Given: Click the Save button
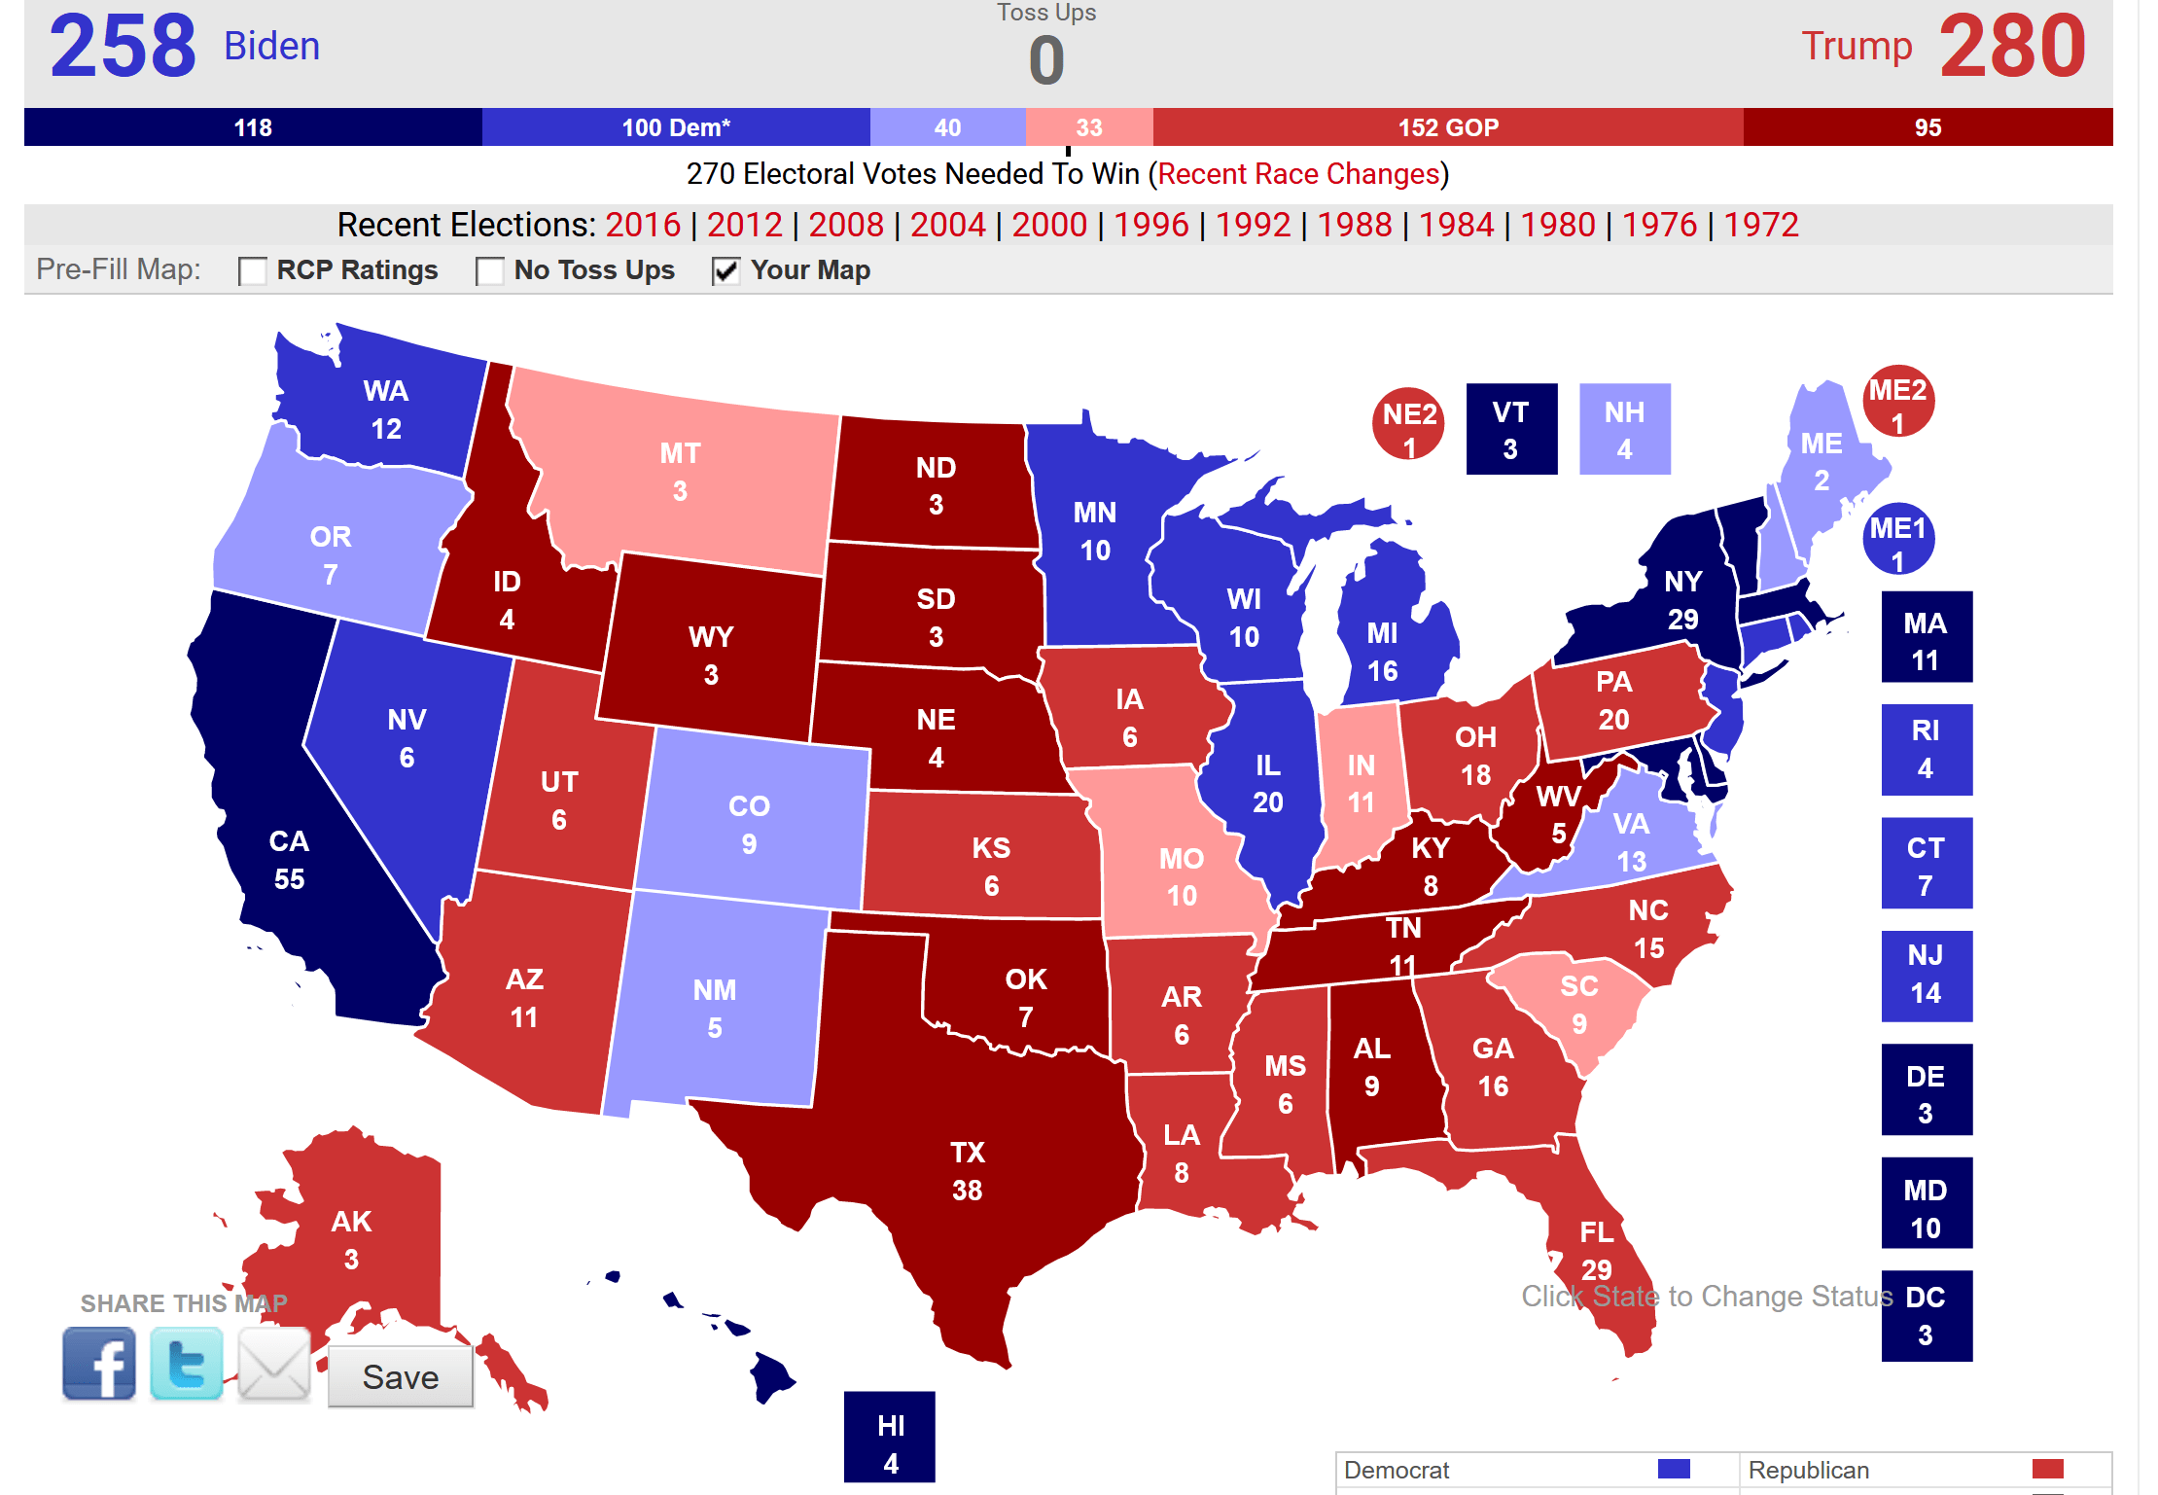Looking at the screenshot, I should pos(400,1376).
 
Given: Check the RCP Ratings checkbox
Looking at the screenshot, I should pos(253,270).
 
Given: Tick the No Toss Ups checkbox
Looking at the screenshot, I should pos(489,270).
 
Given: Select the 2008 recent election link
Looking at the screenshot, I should pos(845,225).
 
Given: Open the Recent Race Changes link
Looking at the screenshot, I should pos(1297,174).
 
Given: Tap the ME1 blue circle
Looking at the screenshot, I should pos(1897,540).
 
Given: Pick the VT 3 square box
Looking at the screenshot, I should pos(1510,429).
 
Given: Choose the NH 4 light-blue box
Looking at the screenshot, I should pos(1624,429).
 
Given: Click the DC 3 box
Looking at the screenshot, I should pos(1926,1315).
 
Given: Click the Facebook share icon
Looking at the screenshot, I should pos(99,1364).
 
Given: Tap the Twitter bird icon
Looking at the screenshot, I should pos(187,1364).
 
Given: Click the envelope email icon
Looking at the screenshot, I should pos(273,1364).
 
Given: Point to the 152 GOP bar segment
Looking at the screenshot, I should pos(1447,127).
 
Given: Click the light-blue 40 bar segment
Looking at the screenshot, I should pos(947,127).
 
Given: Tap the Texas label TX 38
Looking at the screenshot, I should pos(967,1171).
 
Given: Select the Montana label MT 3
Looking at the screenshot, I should pos(680,472).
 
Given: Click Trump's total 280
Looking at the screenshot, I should pos(2012,46).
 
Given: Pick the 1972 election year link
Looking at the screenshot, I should pos(1760,225).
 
